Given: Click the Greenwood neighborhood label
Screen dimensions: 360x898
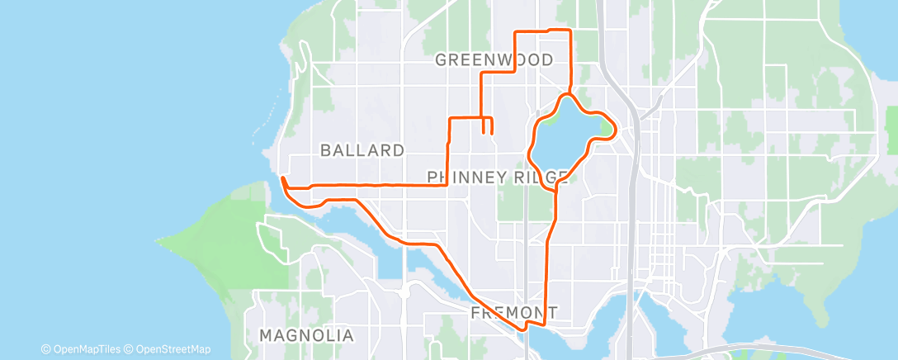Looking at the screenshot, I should (x=494, y=59).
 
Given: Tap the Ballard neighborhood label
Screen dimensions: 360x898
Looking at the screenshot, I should (x=362, y=150).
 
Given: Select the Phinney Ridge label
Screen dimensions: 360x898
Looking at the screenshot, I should (x=498, y=177).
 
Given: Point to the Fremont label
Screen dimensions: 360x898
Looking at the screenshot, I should (x=513, y=313).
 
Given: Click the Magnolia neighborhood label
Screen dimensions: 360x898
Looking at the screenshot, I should (x=306, y=336).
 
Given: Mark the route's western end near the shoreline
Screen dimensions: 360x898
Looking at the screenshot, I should (x=282, y=178).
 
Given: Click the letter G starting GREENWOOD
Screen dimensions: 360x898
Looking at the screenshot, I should (x=441, y=59).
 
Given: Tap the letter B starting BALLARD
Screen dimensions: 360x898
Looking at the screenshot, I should (x=325, y=150).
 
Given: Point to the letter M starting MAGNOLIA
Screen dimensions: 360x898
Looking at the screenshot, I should (x=266, y=336).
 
